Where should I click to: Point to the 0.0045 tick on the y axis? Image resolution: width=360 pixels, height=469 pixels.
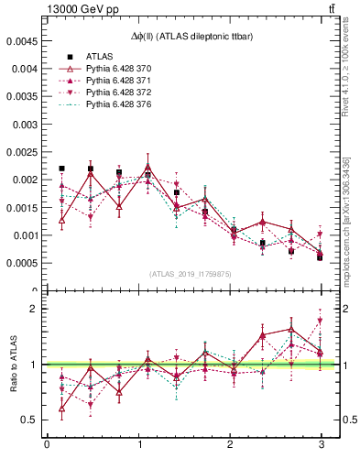point(21,41)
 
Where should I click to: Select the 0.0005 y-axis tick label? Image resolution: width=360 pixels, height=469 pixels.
point(21,263)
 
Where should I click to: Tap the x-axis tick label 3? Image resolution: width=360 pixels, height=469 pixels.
point(321,445)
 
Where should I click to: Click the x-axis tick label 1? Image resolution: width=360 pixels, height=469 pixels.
point(138,445)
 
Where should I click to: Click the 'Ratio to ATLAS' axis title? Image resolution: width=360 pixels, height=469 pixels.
point(12,364)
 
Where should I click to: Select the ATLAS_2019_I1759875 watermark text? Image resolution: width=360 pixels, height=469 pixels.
point(191,273)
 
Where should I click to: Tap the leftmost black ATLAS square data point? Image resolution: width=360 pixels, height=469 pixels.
point(61,169)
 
